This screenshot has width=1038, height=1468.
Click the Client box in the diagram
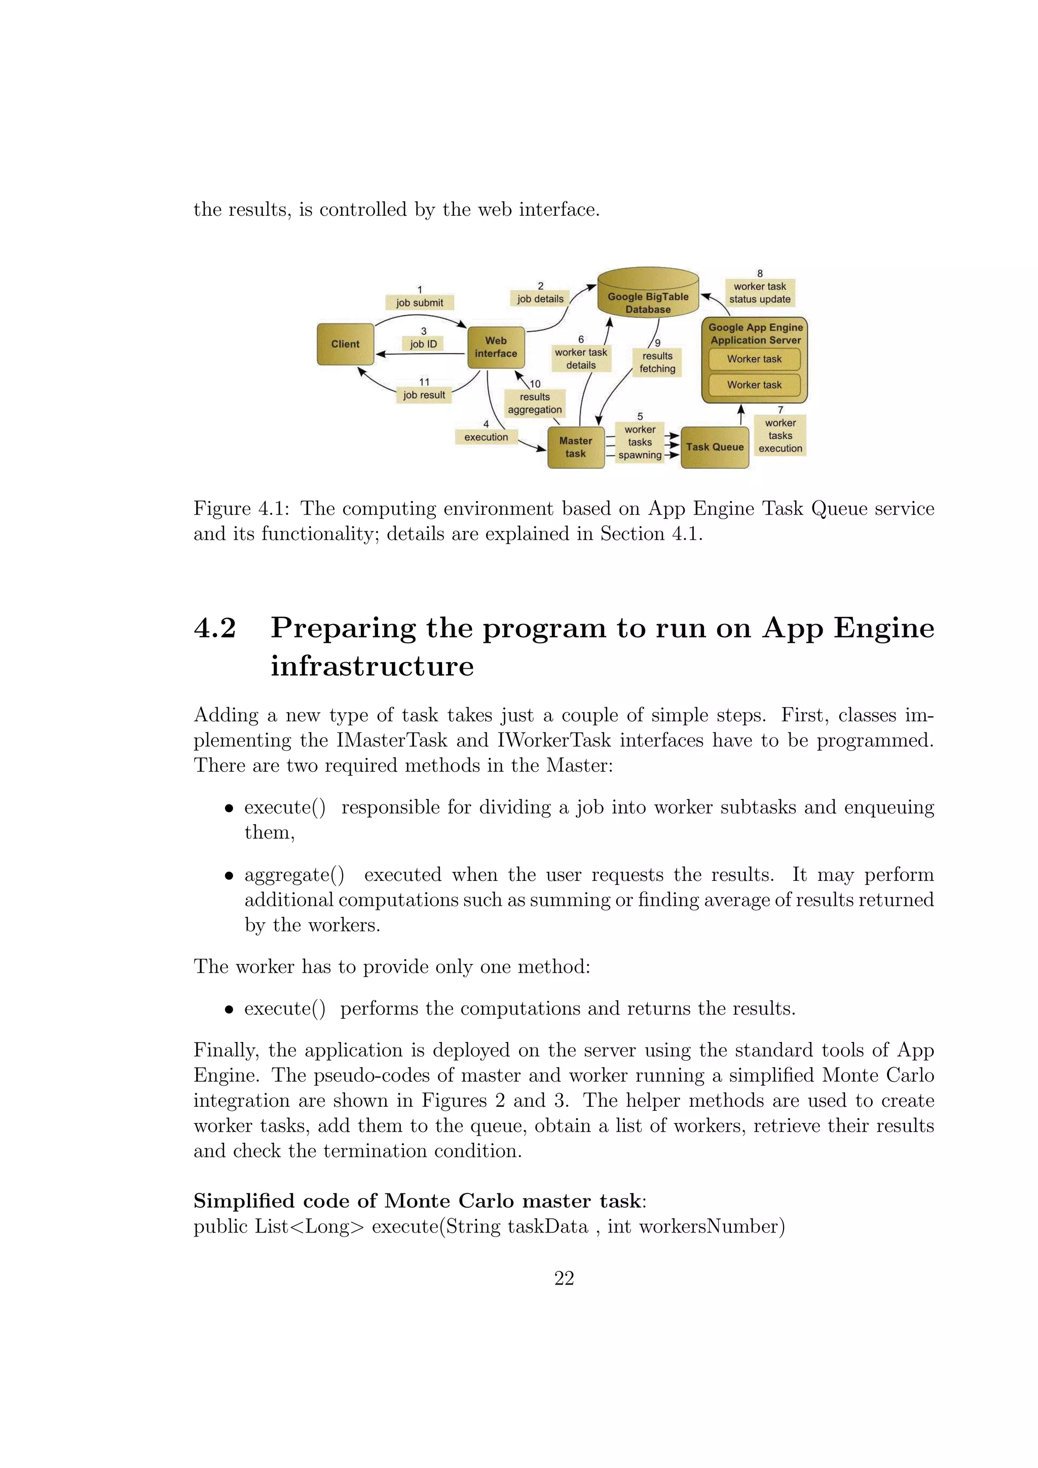coord(345,344)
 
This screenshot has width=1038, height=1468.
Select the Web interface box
coord(496,347)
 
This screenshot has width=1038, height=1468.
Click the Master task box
coord(576,448)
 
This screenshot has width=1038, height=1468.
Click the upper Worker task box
coord(754,359)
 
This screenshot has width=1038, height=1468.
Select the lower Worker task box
coord(754,385)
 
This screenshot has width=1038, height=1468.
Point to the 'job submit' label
coord(420,302)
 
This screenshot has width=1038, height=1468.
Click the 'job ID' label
coord(423,344)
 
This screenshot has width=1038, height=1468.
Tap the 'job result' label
coord(424,395)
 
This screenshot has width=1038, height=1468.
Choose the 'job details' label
coord(540,298)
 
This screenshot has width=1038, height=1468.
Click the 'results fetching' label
coord(657,363)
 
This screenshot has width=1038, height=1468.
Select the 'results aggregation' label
coord(535,403)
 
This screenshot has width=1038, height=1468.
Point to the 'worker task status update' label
coord(760,293)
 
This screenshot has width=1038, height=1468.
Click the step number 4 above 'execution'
coord(486,424)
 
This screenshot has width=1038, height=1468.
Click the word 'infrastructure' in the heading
coord(372,666)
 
